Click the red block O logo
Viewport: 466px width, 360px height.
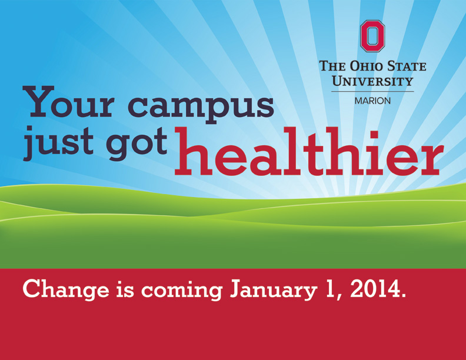point(372,36)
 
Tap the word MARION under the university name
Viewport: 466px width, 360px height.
point(372,101)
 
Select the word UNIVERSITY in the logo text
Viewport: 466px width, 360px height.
point(372,81)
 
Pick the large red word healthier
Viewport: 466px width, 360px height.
point(309,151)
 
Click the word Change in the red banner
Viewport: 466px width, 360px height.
point(66,289)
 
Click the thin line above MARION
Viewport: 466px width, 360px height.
point(372,92)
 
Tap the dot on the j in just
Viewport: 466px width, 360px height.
point(29,129)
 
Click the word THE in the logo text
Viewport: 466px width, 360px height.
point(332,66)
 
